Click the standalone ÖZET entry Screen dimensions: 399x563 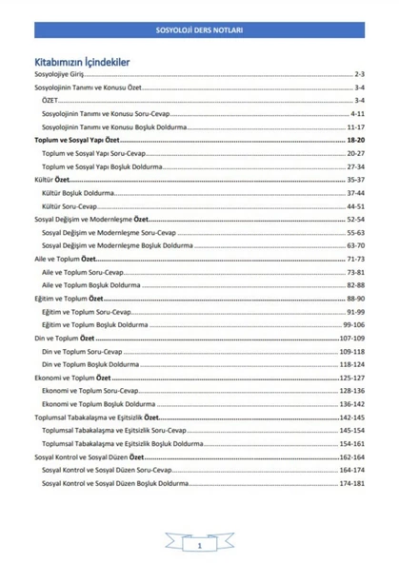(x=50, y=100)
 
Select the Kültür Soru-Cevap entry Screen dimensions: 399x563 (x=72, y=205)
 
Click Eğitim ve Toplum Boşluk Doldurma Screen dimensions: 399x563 (x=100, y=324)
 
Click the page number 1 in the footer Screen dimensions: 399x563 (x=199, y=547)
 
